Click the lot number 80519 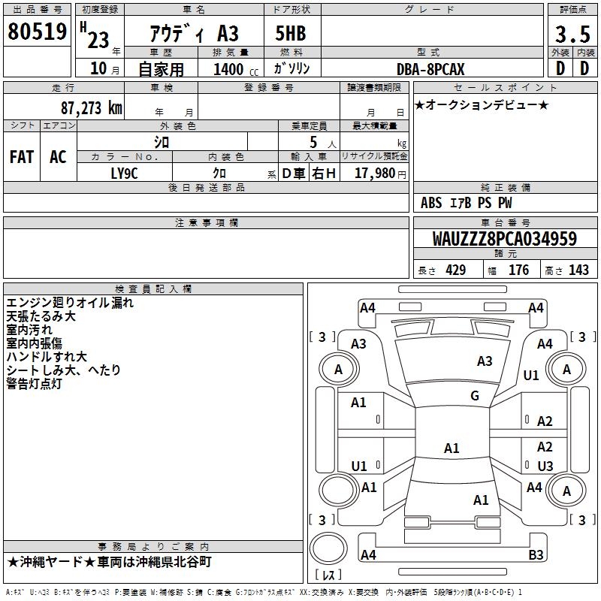tap(37, 32)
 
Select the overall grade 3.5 tap(572, 35)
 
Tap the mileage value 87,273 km tap(92, 108)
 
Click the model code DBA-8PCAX tap(430, 69)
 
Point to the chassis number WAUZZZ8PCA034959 tap(504, 239)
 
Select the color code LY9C tap(124, 174)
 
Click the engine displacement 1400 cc tap(236, 69)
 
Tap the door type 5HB tap(291, 33)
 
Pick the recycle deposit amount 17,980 tap(375, 174)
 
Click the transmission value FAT tap(22, 157)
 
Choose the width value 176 tap(518, 270)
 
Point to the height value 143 tap(578, 270)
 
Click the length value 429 tap(456, 270)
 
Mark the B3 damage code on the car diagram tap(536, 554)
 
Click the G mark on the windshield tap(475, 396)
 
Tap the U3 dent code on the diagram tap(545, 466)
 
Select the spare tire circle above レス tap(328, 548)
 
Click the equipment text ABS tap(431, 203)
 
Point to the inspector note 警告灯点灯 tap(34, 384)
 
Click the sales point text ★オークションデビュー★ tap(482, 105)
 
